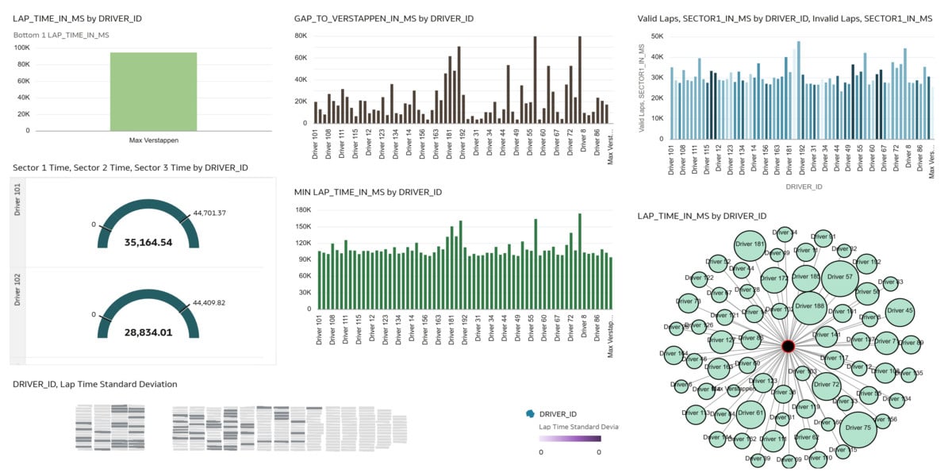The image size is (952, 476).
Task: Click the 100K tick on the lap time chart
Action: tap(22, 48)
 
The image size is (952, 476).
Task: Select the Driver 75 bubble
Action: tap(858, 428)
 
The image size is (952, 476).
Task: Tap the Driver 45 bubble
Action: tap(900, 311)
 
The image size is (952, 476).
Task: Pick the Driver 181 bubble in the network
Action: tap(749, 245)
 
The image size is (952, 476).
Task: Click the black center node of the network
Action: tap(788, 346)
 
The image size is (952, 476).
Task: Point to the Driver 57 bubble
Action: tap(838, 277)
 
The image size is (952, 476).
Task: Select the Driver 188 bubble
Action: tap(808, 305)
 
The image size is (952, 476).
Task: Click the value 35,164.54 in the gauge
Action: tap(148, 242)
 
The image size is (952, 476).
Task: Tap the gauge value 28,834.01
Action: tap(148, 332)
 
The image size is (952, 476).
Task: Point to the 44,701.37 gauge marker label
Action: tap(209, 213)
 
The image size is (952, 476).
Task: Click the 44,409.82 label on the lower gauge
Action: tap(209, 302)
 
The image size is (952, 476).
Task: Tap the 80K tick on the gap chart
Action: tap(301, 36)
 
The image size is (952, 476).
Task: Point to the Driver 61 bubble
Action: tap(750, 413)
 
